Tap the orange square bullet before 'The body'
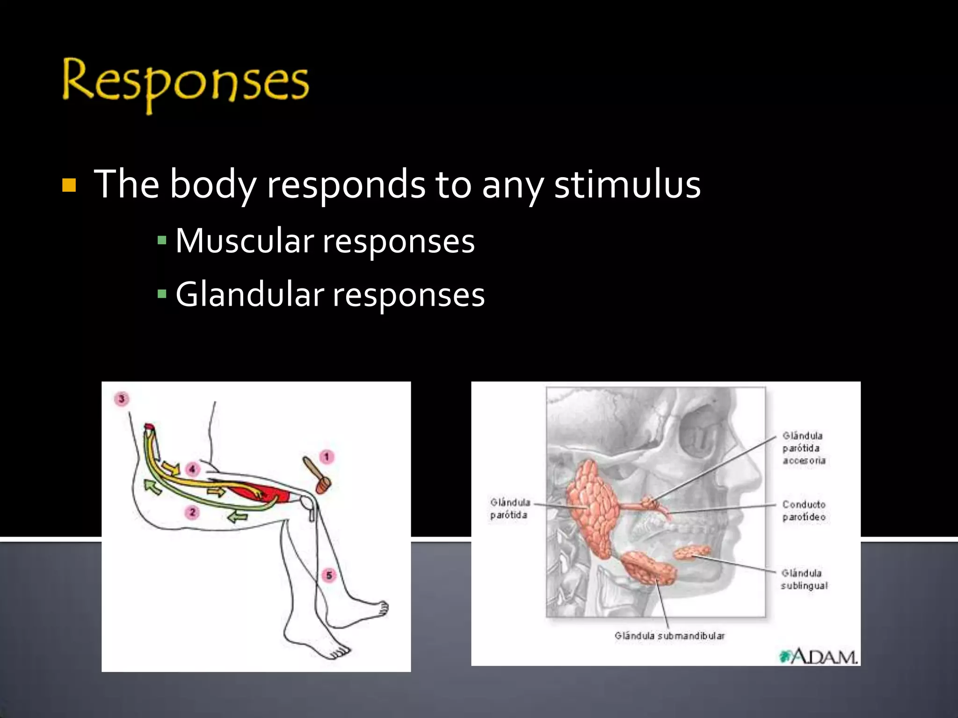tap(69, 186)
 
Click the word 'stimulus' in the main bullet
tap(627, 185)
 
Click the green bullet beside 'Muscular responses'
tap(162, 241)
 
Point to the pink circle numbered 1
tap(327, 457)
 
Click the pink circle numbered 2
tap(192, 513)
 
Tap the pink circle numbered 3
tap(122, 399)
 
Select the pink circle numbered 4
tap(192, 469)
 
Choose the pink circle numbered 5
tap(329, 575)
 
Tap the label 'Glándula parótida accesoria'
tap(803, 448)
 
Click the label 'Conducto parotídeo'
tap(804, 511)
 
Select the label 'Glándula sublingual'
tap(804, 579)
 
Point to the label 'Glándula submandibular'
tap(669, 636)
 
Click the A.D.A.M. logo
tap(818, 657)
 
